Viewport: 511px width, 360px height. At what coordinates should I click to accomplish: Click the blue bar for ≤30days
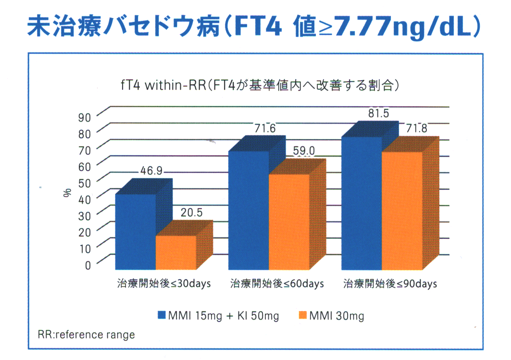tap(136, 231)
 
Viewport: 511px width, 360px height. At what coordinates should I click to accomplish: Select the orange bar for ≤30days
tap(176, 252)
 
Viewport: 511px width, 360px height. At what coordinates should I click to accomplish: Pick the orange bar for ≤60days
tap(289, 221)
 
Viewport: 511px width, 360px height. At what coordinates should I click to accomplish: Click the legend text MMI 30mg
tap(337, 316)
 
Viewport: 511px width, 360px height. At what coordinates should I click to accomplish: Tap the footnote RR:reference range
tap(86, 335)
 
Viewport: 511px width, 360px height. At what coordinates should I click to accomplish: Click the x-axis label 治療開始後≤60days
tap(277, 284)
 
